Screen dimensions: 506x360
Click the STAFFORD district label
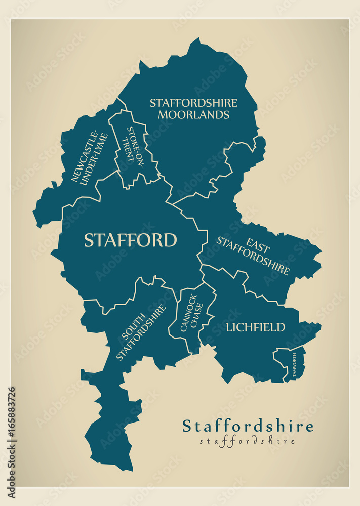[x=130, y=240]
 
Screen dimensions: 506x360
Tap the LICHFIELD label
[x=255, y=327]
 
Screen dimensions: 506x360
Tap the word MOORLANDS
[x=193, y=115]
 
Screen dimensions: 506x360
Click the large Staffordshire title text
[x=248, y=426]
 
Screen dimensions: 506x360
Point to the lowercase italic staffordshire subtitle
[x=248, y=441]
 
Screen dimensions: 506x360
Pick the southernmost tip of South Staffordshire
[x=130, y=469]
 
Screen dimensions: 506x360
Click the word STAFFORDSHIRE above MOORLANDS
[x=193, y=103]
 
